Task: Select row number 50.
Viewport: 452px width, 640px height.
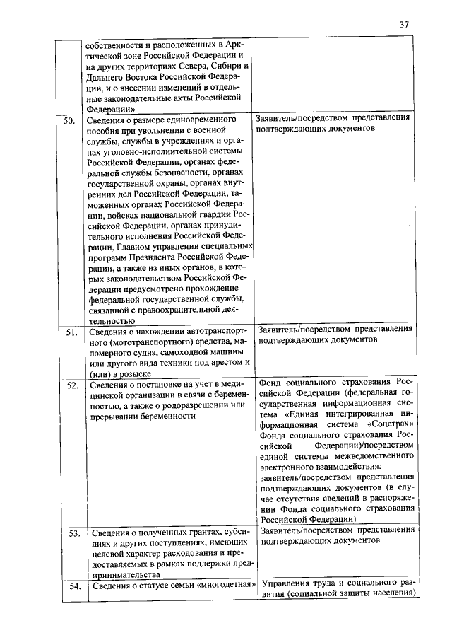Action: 69,121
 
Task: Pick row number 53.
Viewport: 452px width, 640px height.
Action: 71,532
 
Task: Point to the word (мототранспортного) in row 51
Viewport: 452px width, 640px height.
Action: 124,342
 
